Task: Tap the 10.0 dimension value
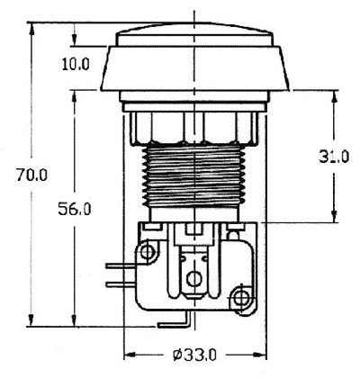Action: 76,64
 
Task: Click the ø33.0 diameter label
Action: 195,354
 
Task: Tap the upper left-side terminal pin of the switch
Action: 116,265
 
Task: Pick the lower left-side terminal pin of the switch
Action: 116,283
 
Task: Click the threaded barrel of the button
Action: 193,175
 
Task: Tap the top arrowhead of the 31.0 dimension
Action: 334,94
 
